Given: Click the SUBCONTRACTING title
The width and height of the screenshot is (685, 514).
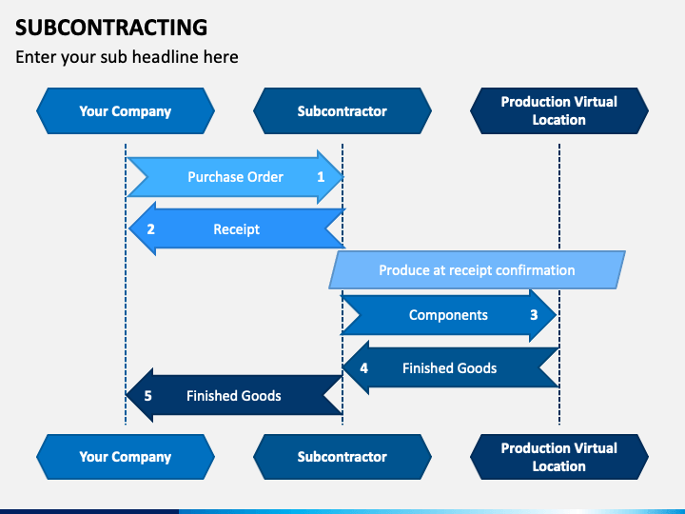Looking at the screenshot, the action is pos(111,27).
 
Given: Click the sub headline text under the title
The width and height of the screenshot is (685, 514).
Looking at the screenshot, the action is pos(127,57).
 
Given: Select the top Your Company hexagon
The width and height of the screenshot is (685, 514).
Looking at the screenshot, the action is pos(126,111).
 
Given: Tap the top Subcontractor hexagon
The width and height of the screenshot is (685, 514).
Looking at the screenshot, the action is pos(342,111).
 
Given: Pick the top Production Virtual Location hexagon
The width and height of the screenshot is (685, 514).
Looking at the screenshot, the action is pos(559,111).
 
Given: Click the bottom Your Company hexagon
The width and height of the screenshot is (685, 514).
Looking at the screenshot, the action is pos(126,457).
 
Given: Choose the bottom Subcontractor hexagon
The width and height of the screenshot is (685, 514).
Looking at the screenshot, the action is pos(342,457).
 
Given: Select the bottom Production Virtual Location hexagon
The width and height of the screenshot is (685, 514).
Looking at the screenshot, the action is pos(559,457).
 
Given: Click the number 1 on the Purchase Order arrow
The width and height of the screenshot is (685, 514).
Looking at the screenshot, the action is pos(321,177).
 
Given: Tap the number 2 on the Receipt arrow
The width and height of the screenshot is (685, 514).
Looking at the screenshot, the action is pos(150,229).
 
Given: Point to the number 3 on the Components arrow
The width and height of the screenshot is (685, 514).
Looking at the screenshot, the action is pos(534,315).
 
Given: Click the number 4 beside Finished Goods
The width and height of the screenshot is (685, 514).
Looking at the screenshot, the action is pos(363,368).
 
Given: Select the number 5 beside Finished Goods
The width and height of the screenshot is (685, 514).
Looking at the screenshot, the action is pos(148,396).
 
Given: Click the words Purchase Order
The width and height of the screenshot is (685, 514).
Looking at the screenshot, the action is pos(236,177).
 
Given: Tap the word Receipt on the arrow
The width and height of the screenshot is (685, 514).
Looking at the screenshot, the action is pos(236,229).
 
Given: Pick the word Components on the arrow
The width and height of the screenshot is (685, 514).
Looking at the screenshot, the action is pos(448,315).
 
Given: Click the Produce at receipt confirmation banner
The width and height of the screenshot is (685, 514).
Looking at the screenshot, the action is pos(477,269).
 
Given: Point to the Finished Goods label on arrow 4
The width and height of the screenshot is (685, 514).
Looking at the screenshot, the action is pos(449,368).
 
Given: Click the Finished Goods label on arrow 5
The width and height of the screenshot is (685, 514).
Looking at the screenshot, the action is pos(234,396).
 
